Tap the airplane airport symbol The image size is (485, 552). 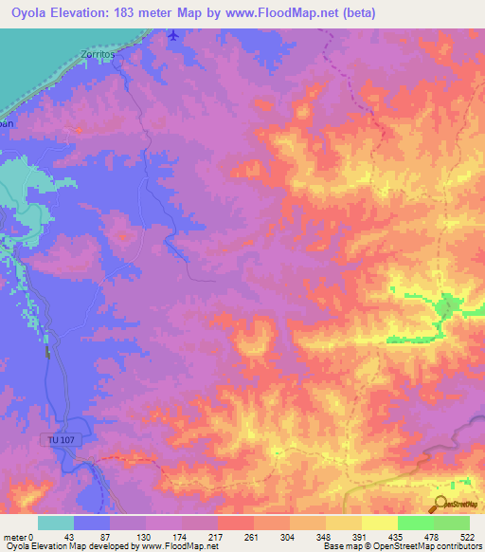coord(171,36)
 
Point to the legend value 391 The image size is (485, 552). coord(359,536)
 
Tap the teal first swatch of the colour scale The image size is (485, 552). coord(56,523)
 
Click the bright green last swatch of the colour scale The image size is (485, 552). coord(452,523)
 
